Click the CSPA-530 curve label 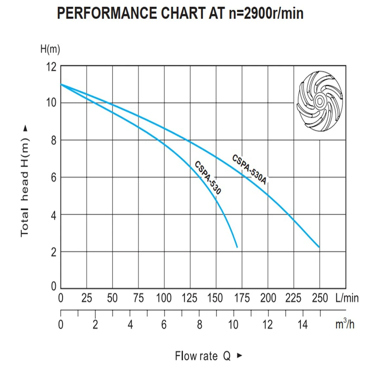point(208,178)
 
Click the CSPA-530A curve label point(250,169)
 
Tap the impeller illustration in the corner point(319,101)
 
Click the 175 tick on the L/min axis point(242,298)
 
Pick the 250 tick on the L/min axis point(320,298)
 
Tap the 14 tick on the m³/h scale point(302,324)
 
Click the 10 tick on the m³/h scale point(233,324)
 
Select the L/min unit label point(347,298)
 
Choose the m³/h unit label point(345,324)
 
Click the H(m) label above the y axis point(50,49)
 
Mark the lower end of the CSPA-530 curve point(237,247)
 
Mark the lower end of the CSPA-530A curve point(319,247)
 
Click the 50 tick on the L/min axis point(112,298)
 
